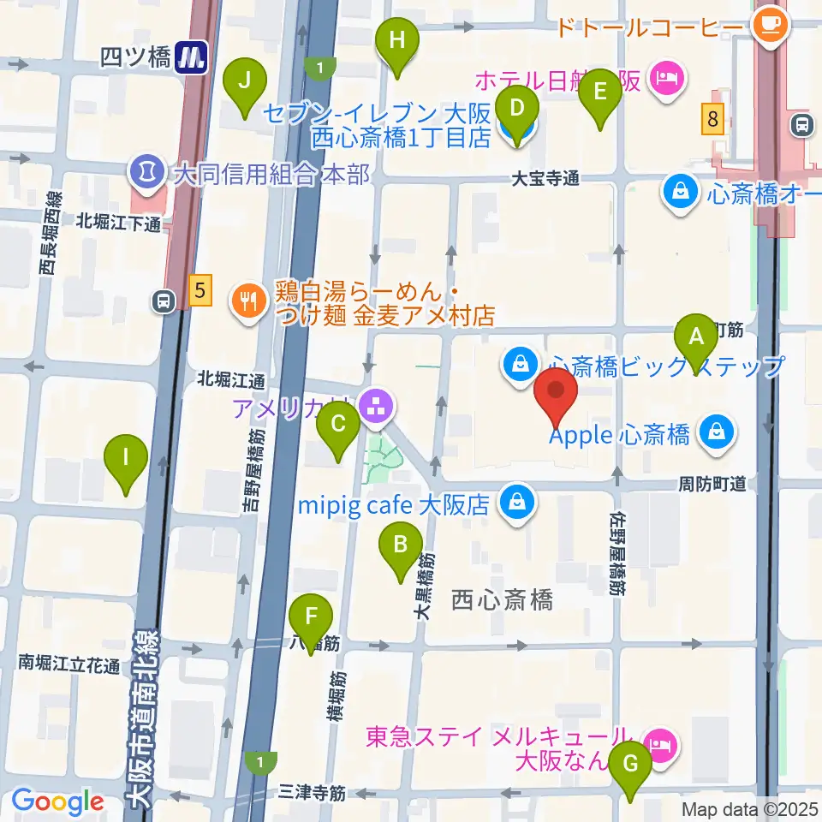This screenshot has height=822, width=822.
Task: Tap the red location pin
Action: (556, 395)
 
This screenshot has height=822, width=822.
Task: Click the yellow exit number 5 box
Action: (200, 291)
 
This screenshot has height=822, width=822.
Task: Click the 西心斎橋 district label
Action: (502, 599)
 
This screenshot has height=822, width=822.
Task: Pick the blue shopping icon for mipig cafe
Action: (518, 503)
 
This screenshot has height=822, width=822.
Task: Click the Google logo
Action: (57, 802)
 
